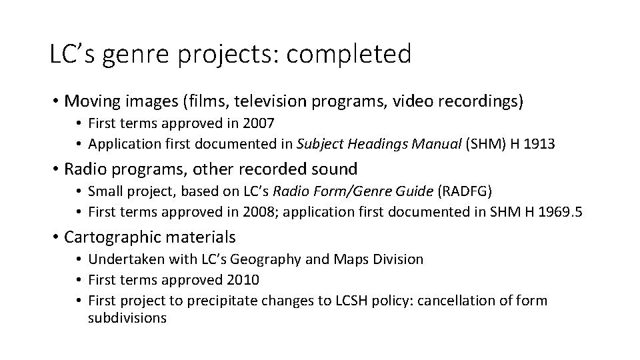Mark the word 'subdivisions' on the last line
[127, 318]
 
